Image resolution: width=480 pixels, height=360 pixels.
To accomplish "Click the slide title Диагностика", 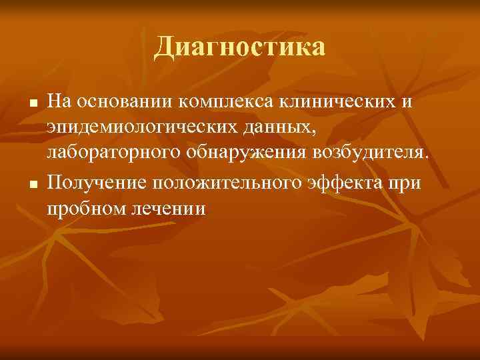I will pos(240,47).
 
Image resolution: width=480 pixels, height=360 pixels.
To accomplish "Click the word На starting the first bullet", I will pos(59,102).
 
